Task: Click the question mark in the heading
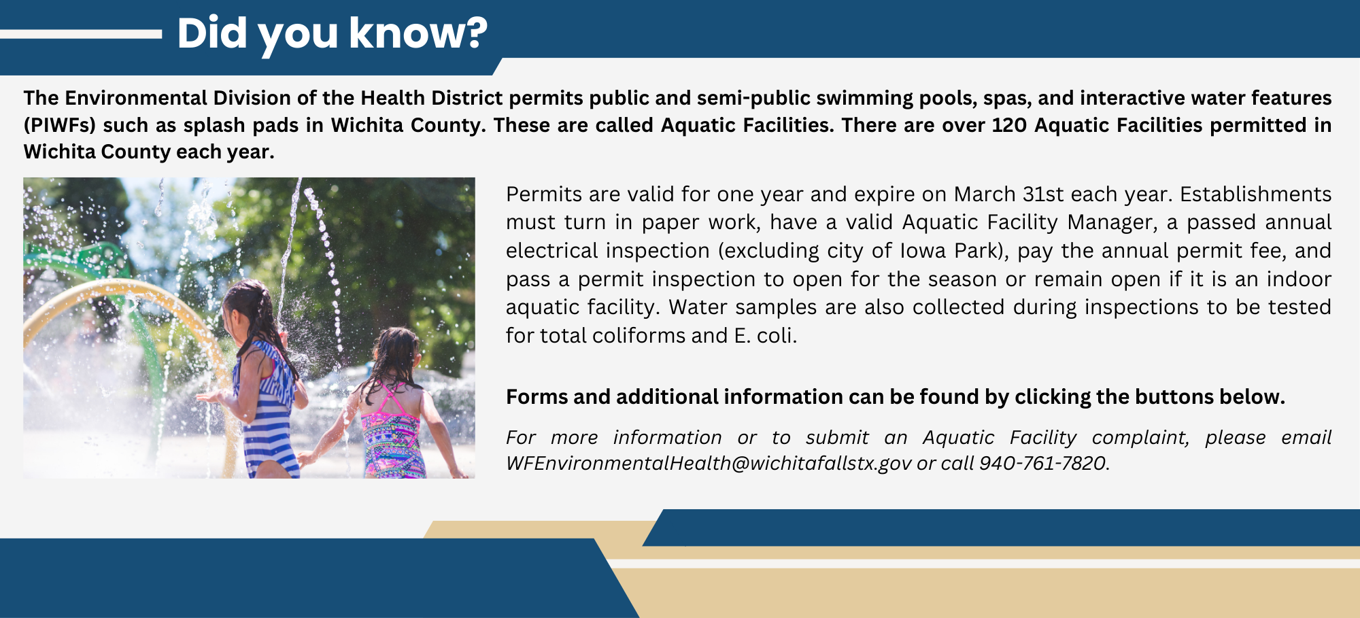coord(476,33)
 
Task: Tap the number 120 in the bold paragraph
coord(1009,125)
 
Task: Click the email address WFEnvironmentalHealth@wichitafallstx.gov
coord(709,463)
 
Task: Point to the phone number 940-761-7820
coord(1042,463)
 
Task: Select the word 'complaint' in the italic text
coord(1140,438)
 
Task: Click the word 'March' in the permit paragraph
coord(985,194)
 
